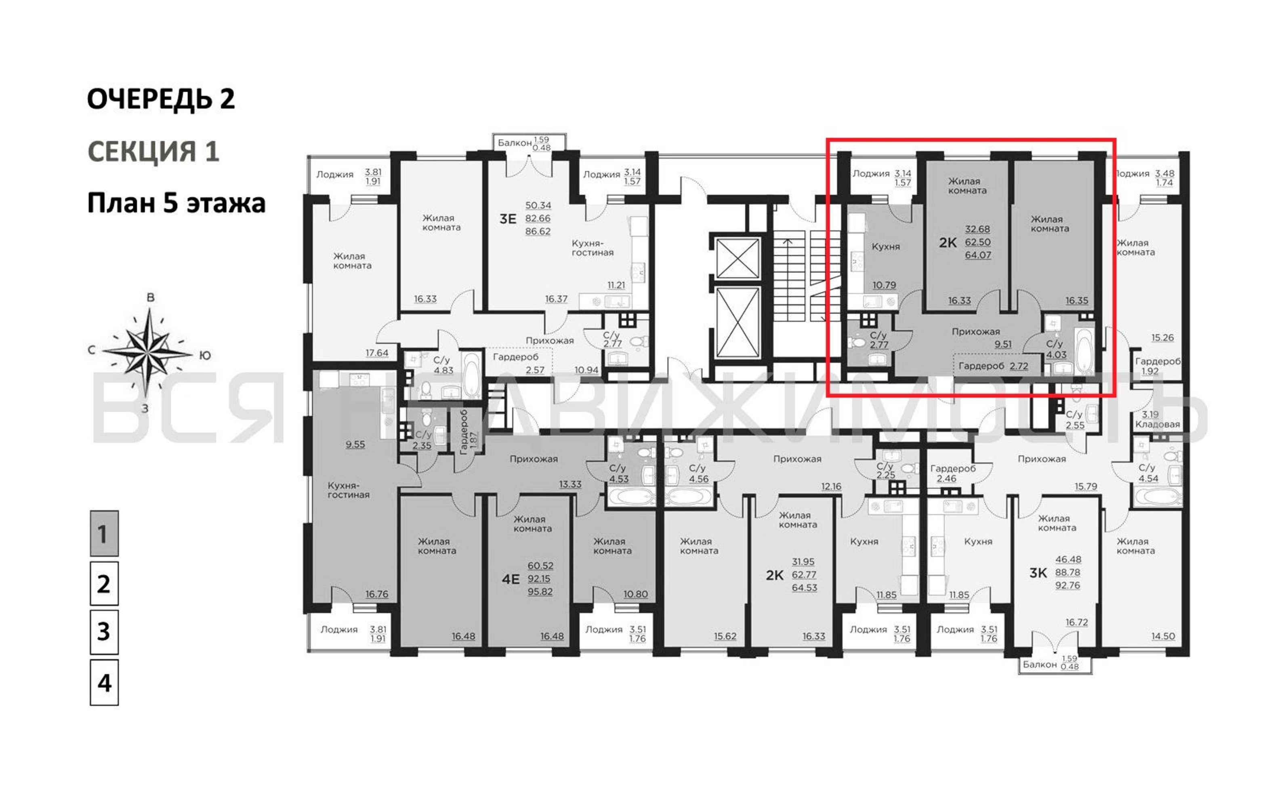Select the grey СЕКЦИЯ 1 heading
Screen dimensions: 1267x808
tap(153, 151)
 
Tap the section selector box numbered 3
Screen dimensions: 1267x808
tap(104, 632)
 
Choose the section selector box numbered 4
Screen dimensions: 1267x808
tap(104, 682)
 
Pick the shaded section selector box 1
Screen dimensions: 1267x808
tap(104, 533)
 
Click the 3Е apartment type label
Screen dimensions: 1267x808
tap(508, 219)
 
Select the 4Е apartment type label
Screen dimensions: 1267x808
tap(511, 579)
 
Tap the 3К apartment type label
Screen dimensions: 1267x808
tap(1038, 573)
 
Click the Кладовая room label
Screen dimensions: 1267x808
tap(1158, 424)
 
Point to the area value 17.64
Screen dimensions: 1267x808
tap(377, 353)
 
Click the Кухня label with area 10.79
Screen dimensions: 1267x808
tap(886, 246)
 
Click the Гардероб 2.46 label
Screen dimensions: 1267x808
tap(953, 473)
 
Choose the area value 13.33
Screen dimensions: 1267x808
tap(570, 484)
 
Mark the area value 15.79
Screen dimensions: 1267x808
tap(1086, 487)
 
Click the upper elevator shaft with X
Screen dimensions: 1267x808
tap(738, 258)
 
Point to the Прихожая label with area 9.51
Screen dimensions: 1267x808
tap(976, 332)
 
